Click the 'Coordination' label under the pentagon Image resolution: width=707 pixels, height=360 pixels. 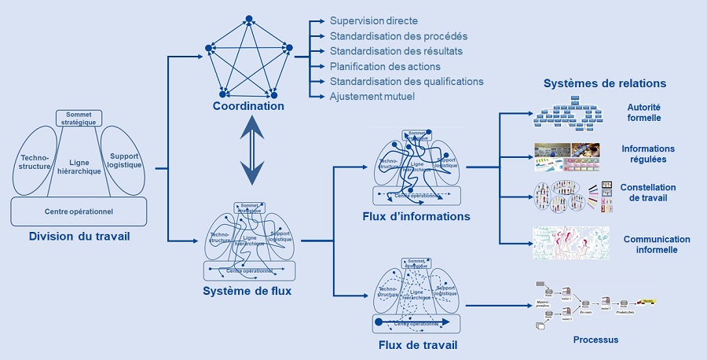pos(247,106)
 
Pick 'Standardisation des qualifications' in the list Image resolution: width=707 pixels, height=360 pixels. pos(406,81)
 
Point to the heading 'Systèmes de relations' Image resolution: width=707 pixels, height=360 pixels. pos(605,83)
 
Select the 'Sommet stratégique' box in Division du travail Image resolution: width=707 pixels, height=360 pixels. pos(79,118)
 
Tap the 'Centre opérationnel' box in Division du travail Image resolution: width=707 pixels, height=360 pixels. pos(79,211)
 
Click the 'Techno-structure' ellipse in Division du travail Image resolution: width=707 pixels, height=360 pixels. pos(35,161)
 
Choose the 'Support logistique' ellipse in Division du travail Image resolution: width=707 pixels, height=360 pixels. pos(124,160)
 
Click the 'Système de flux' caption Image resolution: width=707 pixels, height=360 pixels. pos(247,291)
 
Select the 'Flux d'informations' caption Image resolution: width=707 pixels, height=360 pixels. pos(416,216)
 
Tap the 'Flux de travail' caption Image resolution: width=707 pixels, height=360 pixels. pos(416,344)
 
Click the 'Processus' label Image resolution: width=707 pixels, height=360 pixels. pos(595,340)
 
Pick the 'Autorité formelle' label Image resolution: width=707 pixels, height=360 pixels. pos(644,112)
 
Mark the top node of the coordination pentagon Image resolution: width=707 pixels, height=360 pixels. pos(247,18)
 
